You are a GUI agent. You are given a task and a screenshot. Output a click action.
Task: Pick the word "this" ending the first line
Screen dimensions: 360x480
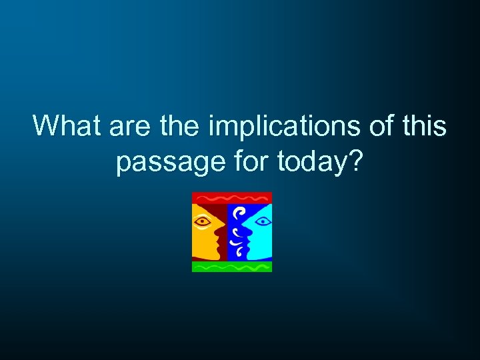423,125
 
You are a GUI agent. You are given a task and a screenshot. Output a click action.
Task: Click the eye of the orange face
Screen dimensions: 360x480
204,219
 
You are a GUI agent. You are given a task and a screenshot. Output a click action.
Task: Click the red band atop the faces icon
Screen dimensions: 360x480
232,197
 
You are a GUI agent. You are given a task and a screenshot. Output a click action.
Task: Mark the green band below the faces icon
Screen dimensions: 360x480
232,267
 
